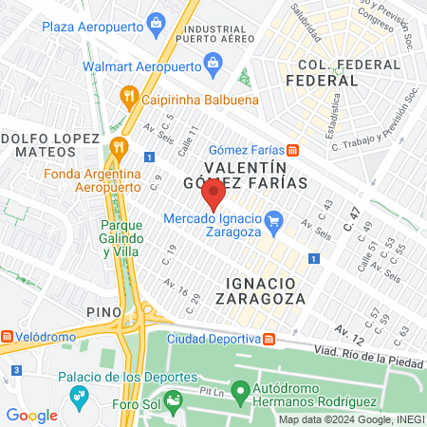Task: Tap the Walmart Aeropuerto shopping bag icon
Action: point(214,65)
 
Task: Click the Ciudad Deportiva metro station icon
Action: point(269,339)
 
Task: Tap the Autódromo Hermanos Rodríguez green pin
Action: point(241,389)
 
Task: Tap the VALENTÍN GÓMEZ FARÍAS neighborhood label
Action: point(256,175)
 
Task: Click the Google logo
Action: point(31,415)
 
